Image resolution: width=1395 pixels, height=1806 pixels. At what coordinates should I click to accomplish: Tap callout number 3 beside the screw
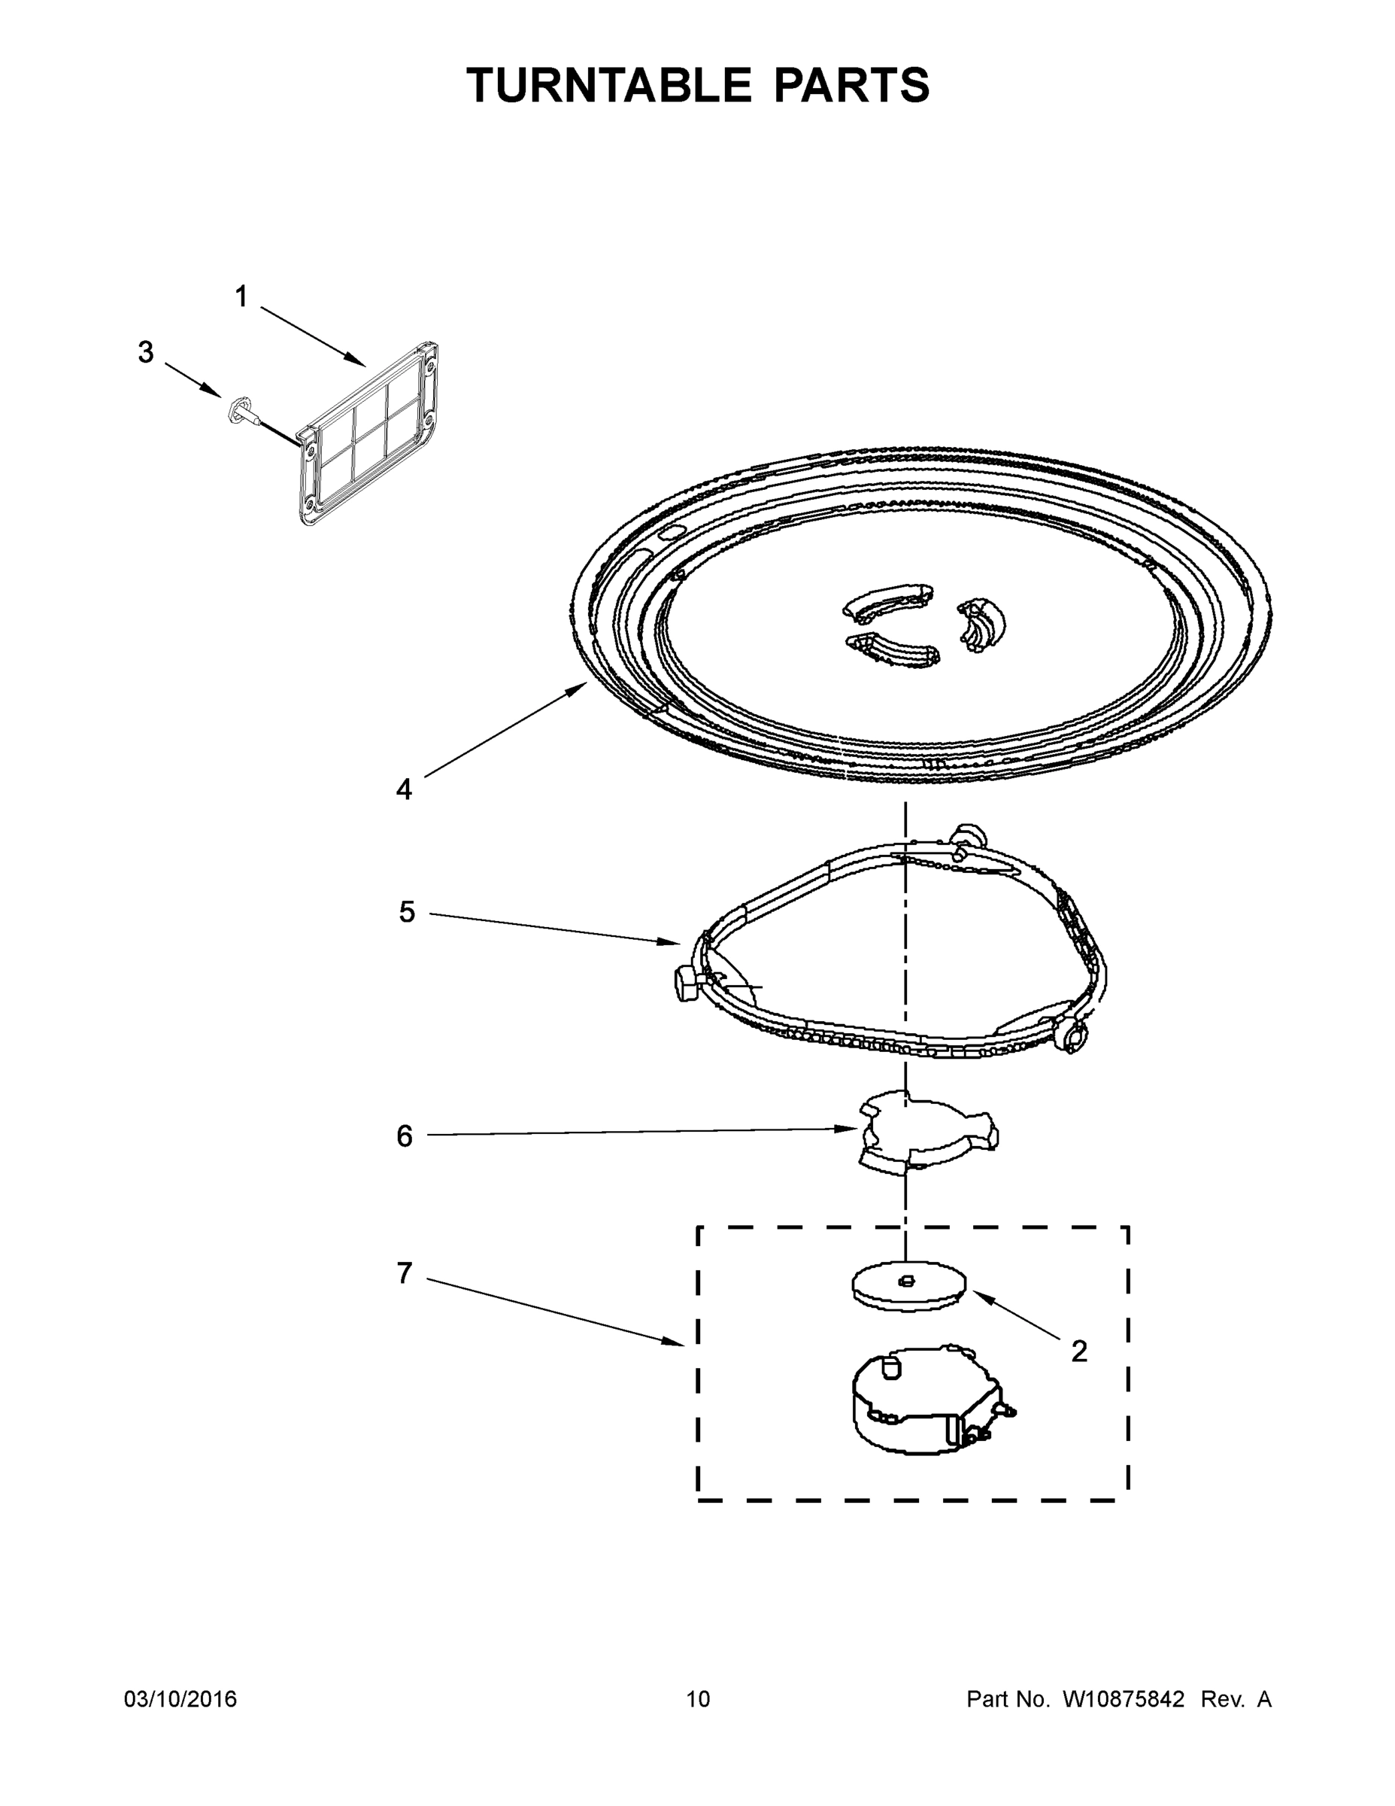145,352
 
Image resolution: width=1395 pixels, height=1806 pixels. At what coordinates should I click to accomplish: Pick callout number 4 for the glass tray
403,789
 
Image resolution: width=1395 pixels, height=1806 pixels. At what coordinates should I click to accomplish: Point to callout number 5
407,912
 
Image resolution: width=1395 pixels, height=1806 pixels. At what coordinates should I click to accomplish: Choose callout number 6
404,1136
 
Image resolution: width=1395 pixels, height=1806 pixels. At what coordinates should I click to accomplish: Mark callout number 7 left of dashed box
404,1273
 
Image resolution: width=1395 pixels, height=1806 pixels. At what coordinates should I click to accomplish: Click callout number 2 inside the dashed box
1078,1351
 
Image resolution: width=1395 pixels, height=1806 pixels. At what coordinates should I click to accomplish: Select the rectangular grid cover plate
368,434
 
